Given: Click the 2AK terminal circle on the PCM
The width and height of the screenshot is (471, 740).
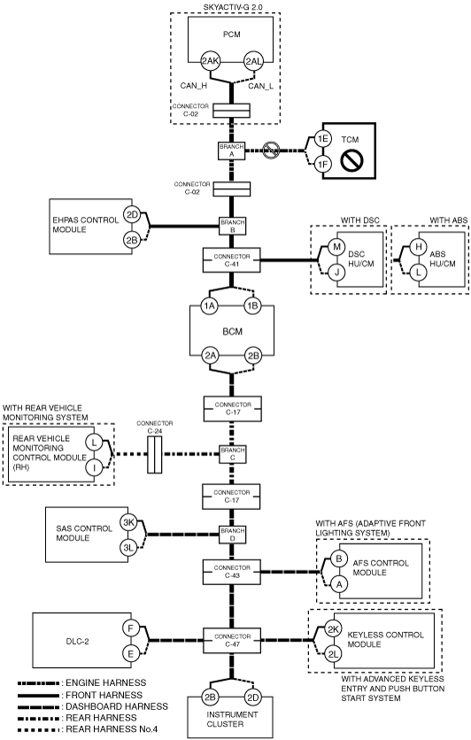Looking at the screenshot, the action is pyautogui.click(x=210, y=61).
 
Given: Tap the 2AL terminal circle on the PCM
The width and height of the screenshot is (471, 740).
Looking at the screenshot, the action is pyautogui.click(x=252, y=61).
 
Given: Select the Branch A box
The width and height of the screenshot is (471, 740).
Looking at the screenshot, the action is pyautogui.click(x=232, y=151).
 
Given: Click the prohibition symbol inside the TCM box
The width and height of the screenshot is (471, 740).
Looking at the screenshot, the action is pyautogui.click(x=351, y=161).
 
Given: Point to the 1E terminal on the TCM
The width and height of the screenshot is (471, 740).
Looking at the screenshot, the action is pyautogui.click(x=323, y=139).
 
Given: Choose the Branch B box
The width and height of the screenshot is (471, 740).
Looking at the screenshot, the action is pyautogui.click(x=232, y=226).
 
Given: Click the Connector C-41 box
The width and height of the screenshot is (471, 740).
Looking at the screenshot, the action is pyautogui.click(x=231, y=260).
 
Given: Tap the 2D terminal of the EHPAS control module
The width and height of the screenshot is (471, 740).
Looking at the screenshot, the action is pyautogui.click(x=132, y=215).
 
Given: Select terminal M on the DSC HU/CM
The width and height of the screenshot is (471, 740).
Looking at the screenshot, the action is pyautogui.click(x=336, y=247).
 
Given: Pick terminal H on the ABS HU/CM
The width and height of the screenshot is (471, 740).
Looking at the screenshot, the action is pyautogui.click(x=418, y=247).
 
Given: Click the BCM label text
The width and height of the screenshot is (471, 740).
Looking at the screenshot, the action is pyautogui.click(x=232, y=332).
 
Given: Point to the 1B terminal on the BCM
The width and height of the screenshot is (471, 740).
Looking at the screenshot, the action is pyautogui.click(x=252, y=306).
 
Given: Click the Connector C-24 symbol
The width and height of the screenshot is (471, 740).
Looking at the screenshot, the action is pyautogui.click(x=154, y=454).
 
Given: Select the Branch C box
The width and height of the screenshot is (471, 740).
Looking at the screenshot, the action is pyautogui.click(x=233, y=454).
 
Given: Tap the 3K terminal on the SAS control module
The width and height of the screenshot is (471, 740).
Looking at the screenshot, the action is pyautogui.click(x=129, y=522).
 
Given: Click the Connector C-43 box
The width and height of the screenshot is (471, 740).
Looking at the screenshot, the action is pyautogui.click(x=232, y=572).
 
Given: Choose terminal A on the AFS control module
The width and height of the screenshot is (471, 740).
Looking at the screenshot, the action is pyautogui.click(x=339, y=584).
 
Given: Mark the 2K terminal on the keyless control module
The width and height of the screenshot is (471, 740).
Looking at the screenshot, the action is pyautogui.click(x=334, y=629).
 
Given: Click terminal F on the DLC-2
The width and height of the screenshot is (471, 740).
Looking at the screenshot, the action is pyautogui.click(x=130, y=628).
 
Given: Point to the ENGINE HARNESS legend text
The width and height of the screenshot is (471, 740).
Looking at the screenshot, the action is pyautogui.click(x=105, y=682).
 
